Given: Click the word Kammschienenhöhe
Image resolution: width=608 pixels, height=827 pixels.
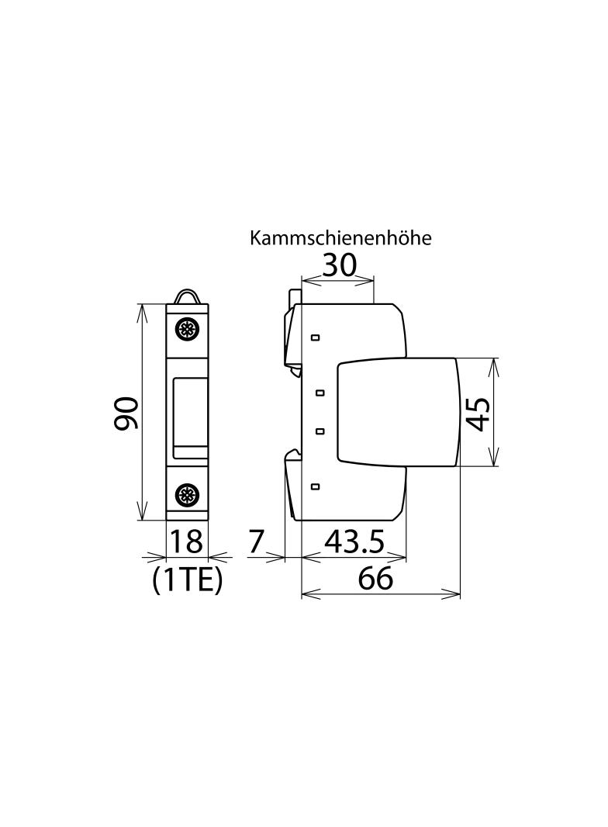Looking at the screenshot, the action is pos(340,238).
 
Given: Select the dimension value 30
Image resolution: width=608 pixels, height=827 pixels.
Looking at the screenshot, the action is pos(340,265).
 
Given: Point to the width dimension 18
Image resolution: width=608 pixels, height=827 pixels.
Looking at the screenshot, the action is pos(186,542).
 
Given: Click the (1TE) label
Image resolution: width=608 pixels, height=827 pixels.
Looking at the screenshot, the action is pos(187,580).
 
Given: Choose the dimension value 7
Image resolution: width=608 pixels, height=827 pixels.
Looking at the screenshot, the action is pos(256,542).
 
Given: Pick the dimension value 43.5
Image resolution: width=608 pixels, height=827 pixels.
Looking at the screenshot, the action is pos(354,542).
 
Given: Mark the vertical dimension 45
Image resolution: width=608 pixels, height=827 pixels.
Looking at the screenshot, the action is pos(479,414).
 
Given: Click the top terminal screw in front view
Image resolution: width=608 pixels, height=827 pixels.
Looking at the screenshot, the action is pos(186,330).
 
